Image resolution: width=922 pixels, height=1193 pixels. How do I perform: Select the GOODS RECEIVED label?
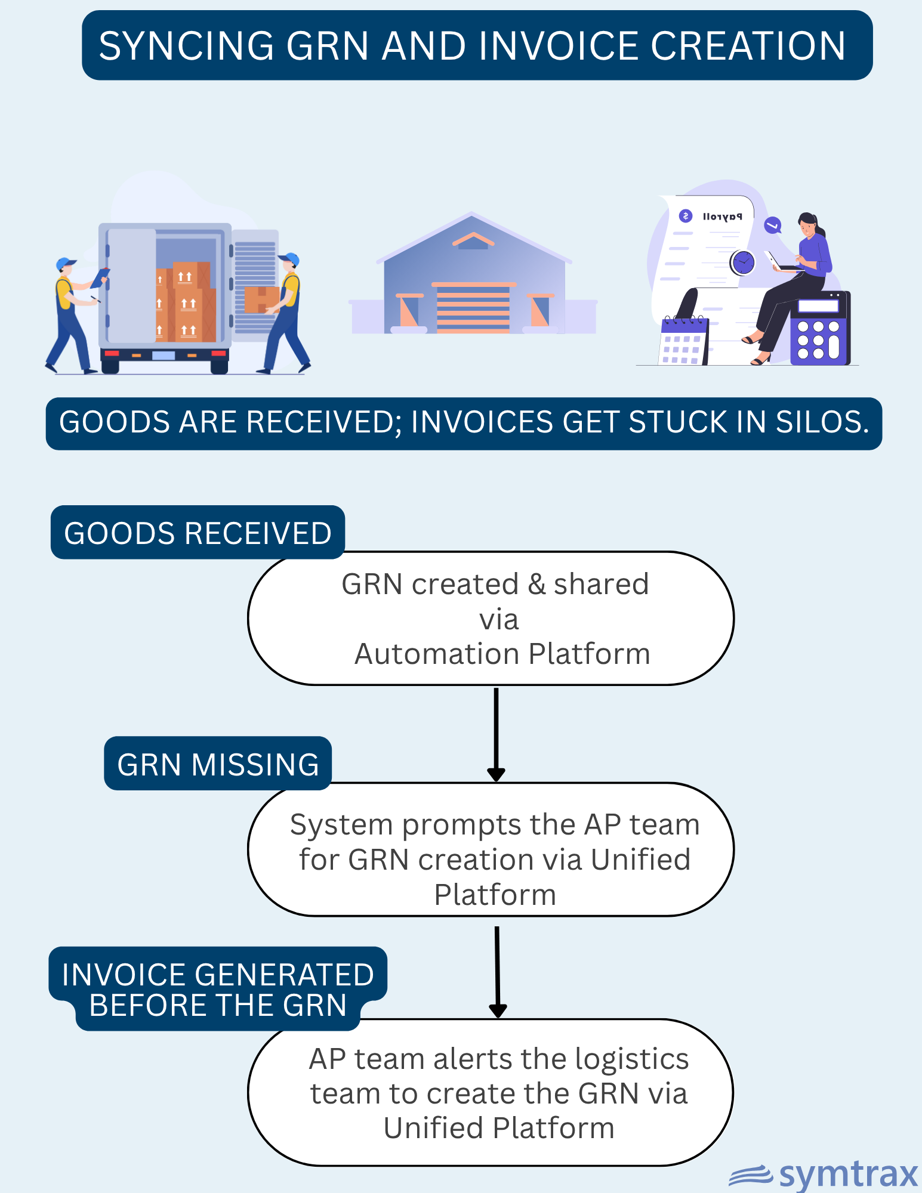(198, 533)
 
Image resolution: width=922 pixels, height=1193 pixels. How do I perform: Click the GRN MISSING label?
(218, 764)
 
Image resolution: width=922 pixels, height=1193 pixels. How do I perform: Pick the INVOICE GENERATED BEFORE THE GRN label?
(218, 989)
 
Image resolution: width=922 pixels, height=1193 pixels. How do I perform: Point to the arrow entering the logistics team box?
(497, 972)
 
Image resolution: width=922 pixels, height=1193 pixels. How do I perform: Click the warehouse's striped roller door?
(473, 308)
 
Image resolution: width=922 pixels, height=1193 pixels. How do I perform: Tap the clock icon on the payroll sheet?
(743, 262)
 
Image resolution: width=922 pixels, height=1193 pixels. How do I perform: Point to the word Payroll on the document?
(722, 217)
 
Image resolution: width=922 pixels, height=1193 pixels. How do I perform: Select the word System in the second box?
(341, 825)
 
